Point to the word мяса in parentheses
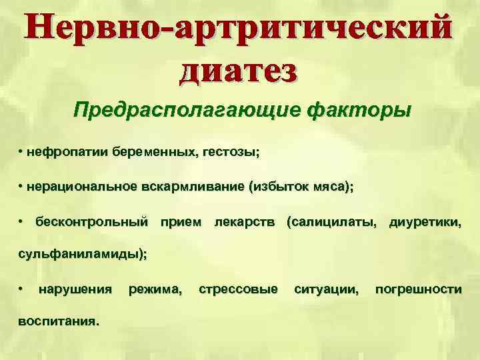click(x=327, y=188)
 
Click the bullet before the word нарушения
click(x=22, y=288)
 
